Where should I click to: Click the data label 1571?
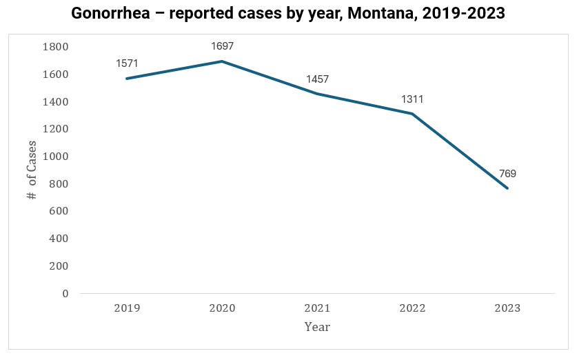point(127,63)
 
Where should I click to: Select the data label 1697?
point(222,46)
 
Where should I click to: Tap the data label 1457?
point(317,79)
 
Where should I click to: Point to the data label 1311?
point(412,99)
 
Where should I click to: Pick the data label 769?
point(507,174)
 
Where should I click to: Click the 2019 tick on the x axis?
point(127,308)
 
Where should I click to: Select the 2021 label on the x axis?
point(317,308)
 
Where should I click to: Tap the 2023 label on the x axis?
point(507,308)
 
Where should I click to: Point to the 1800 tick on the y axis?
point(56,47)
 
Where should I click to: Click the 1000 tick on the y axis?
point(56,157)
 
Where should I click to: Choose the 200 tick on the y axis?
point(59,266)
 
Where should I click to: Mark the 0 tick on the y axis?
point(65,293)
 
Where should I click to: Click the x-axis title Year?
point(317,327)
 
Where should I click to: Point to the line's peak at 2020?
point(222,61)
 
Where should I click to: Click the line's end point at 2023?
point(507,188)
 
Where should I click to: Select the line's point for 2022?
point(412,114)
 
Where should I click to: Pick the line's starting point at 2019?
point(127,79)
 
